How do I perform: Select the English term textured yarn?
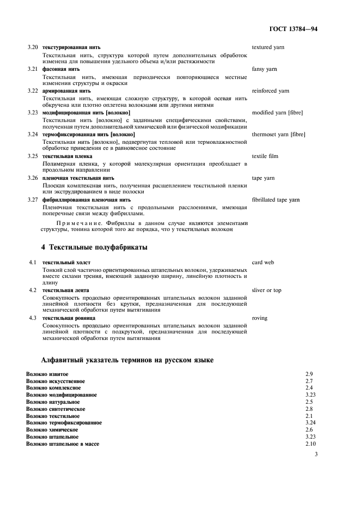268,47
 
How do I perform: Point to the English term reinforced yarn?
270,90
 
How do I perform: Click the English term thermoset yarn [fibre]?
278,134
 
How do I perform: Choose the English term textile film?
265,156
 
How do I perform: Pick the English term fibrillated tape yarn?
276,199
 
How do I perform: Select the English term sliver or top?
266,290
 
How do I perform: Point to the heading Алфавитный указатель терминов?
127,360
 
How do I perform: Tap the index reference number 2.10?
311,444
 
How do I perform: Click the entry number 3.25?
33,156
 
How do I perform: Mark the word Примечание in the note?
80,223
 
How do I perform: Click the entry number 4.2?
33,290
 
